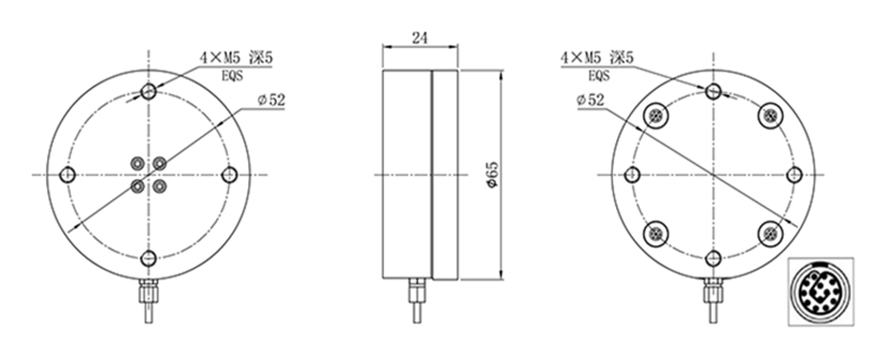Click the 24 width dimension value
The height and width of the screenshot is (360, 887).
(x=420, y=38)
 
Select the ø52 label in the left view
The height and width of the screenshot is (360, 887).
(x=271, y=100)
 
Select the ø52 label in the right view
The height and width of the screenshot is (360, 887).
(x=591, y=100)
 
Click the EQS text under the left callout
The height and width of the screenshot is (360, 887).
(x=233, y=76)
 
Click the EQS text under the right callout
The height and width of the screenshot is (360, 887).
(x=599, y=76)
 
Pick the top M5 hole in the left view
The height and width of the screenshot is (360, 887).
(x=148, y=91)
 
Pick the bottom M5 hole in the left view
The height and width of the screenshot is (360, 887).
(x=148, y=259)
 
